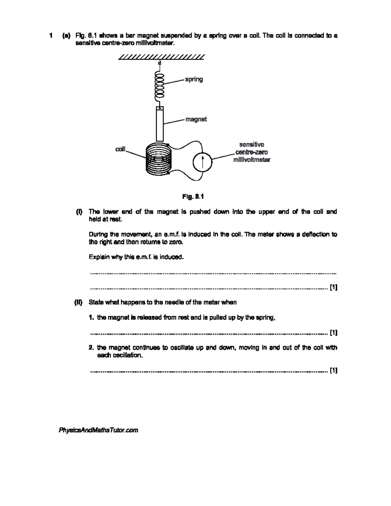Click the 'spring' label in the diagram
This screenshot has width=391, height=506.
pyautogui.click(x=194, y=79)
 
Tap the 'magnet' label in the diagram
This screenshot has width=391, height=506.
pyautogui.click(x=196, y=119)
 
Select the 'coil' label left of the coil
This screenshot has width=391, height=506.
pyautogui.click(x=120, y=149)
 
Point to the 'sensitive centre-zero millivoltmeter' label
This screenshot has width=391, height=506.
pyautogui.click(x=252, y=152)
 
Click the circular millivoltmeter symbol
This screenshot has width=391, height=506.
pyautogui.click(x=202, y=161)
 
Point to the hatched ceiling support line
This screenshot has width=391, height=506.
pyautogui.click(x=161, y=57)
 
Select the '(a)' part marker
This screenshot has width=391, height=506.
pyautogui.click(x=66, y=36)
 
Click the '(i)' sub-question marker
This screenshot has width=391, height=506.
pyautogui.click(x=79, y=212)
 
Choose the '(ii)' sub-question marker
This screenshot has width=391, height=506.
pyautogui.click(x=78, y=302)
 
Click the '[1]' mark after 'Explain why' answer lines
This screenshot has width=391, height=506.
pyautogui.click(x=333, y=287)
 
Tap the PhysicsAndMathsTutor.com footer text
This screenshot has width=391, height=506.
pyautogui.click(x=98, y=430)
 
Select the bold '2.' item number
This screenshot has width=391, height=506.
pyautogui.click(x=92, y=348)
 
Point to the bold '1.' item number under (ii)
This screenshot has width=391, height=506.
pyautogui.click(x=92, y=318)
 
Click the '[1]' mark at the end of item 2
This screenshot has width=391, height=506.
pyautogui.click(x=333, y=370)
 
